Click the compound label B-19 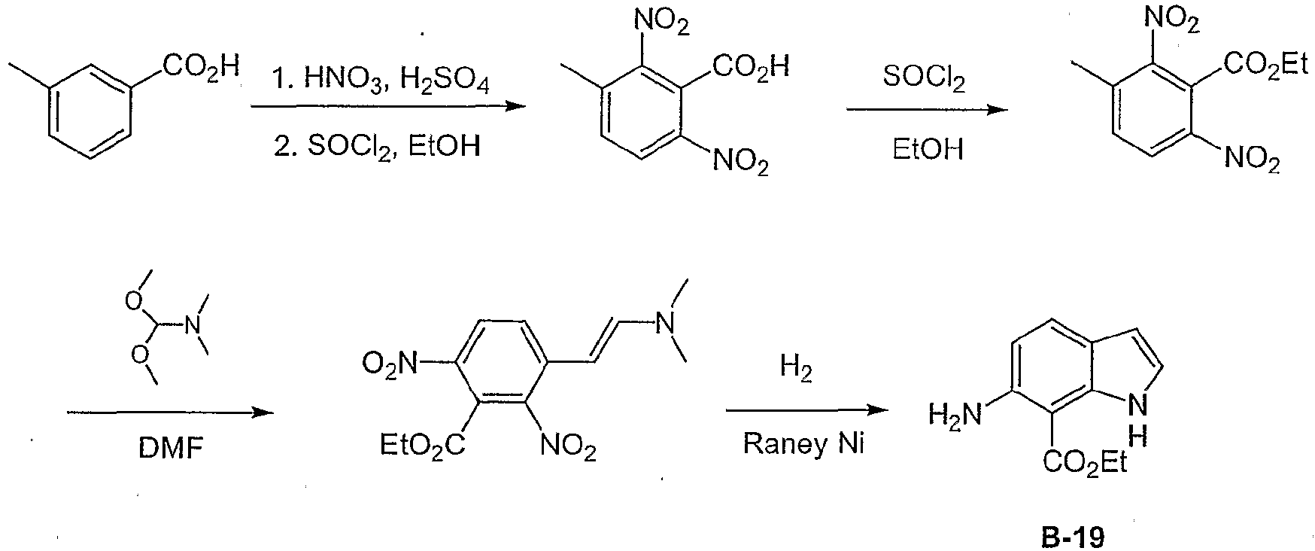coord(1073,537)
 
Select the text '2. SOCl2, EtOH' coord(377,145)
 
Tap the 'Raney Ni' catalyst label coord(804,444)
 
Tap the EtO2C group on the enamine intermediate coord(422,445)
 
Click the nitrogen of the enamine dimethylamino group coord(664,323)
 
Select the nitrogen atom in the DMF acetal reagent coord(193,326)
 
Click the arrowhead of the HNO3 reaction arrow coord(515,106)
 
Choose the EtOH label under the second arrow coord(928,148)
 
